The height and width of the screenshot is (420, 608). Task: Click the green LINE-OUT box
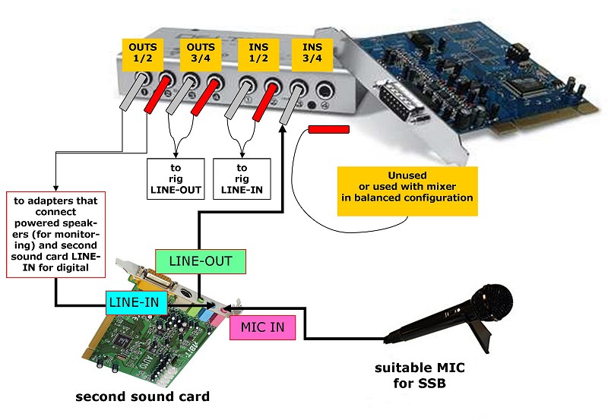point(201,261)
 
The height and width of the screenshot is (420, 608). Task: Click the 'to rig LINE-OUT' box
point(177,178)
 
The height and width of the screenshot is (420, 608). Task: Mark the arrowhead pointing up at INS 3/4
point(283,129)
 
